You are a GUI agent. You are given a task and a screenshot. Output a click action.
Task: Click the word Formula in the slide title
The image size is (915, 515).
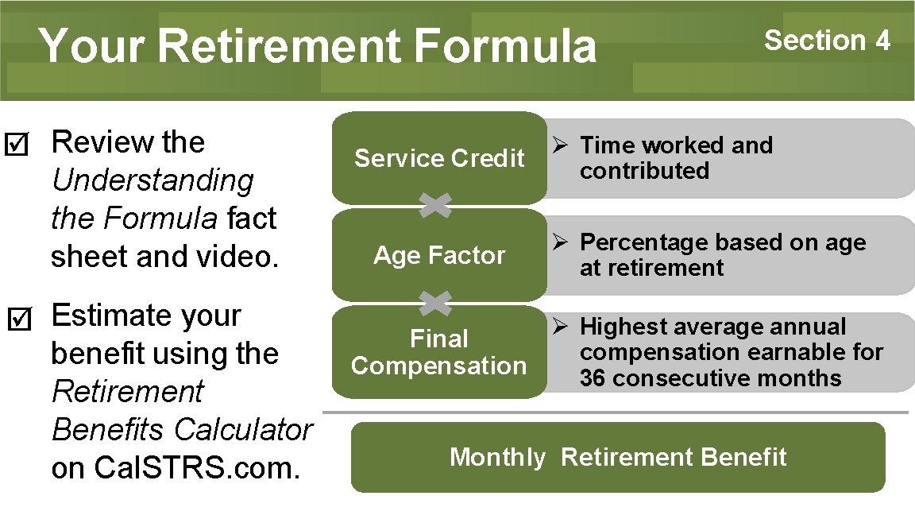click(x=504, y=45)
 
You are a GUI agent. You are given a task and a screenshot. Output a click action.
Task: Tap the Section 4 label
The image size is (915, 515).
click(x=827, y=40)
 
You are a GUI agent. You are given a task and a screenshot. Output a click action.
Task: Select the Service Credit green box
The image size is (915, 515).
click(x=439, y=158)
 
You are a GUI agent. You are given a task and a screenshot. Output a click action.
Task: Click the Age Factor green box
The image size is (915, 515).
click(x=439, y=255)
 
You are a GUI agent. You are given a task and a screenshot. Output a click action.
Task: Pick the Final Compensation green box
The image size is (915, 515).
click(x=439, y=352)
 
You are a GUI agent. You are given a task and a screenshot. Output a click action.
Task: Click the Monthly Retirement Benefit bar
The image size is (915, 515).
click(x=618, y=457)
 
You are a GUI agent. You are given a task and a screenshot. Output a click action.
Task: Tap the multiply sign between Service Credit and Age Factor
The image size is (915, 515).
click(x=435, y=206)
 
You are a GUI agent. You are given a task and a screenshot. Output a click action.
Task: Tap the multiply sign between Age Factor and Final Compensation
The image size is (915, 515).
click(x=435, y=303)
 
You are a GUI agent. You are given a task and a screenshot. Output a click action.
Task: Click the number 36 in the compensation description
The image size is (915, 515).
click(x=593, y=378)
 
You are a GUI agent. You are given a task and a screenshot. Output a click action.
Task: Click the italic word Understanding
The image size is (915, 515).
click(x=152, y=180)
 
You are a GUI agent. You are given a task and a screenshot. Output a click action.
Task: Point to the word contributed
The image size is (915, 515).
click(x=644, y=171)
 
